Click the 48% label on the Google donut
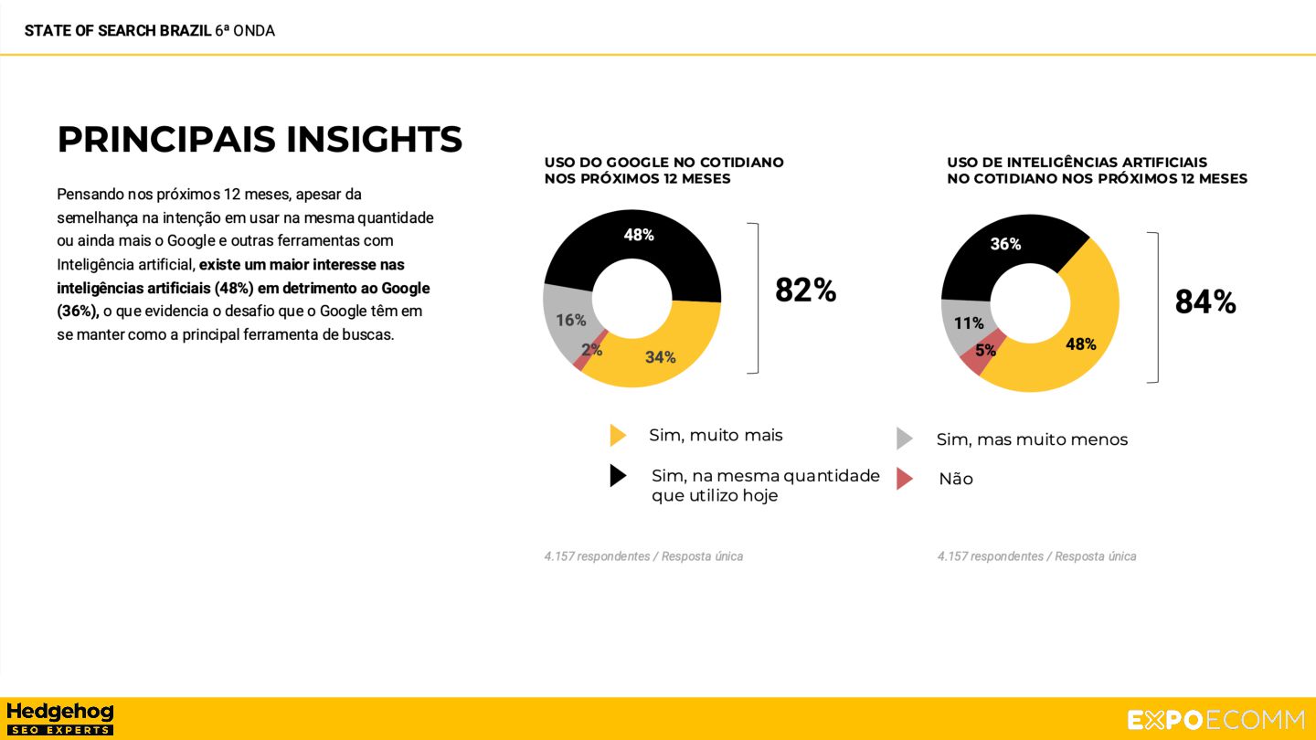pyautogui.click(x=639, y=235)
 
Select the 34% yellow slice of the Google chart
pyautogui.click(x=660, y=357)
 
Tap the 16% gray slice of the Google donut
pyautogui.click(x=571, y=320)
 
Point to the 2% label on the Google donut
pyautogui.click(x=591, y=349)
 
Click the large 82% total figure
pyautogui.click(x=805, y=291)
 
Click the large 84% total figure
pyautogui.click(x=1205, y=301)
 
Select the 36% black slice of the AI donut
pyautogui.click(x=1005, y=244)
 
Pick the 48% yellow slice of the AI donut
pyautogui.click(x=1080, y=344)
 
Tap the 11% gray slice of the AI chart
pyautogui.click(x=969, y=323)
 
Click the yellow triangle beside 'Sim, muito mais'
pyautogui.click(x=618, y=435)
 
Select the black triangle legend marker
pyautogui.click(x=618, y=475)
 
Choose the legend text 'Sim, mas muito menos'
pyautogui.click(x=1032, y=439)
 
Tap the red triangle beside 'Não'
pyautogui.click(x=904, y=479)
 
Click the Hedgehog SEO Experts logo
pyautogui.click(x=60, y=718)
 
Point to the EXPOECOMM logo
pyautogui.click(x=1215, y=720)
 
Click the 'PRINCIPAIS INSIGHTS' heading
pyautogui.click(x=260, y=139)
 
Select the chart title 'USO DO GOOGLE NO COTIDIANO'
pyautogui.click(x=663, y=163)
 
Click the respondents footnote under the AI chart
pyautogui.click(x=1036, y=556)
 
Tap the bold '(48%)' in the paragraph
pyautogui.click(x=234, y=288)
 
